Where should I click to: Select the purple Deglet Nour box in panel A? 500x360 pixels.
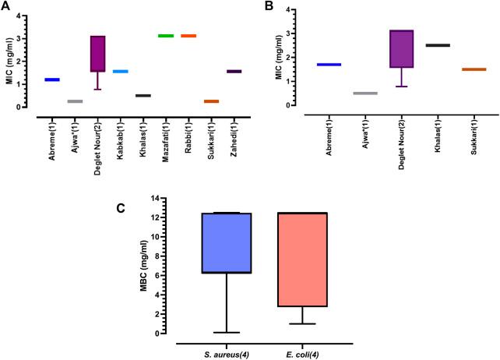click(97, 54)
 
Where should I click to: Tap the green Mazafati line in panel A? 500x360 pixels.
click(165, 36)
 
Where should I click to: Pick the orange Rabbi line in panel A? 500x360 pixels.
click(188, 36)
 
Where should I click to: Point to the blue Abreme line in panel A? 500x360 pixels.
click(52, 79)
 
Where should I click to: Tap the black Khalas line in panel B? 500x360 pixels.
click(438, 45)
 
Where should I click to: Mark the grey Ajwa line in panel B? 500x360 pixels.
click(364, 94)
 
